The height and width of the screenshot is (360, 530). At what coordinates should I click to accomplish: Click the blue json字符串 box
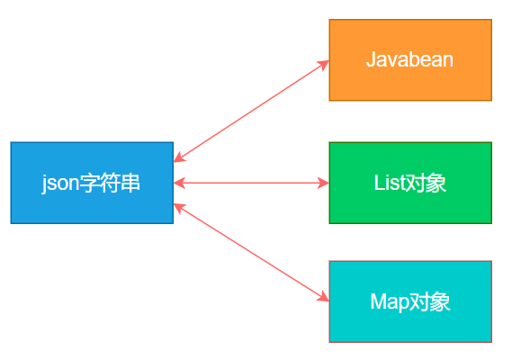coord(92,183)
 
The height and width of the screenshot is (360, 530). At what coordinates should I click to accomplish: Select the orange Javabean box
coord(410,59)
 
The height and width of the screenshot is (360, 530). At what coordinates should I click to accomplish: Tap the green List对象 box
coord(410,183)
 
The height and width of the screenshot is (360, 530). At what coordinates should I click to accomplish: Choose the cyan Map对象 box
coord(410,301)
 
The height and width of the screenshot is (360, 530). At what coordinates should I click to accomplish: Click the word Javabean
coord(410,60)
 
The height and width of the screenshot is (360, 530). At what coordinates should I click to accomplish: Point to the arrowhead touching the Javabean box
coord(324,64)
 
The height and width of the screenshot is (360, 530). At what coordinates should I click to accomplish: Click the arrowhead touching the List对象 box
coord(325,183)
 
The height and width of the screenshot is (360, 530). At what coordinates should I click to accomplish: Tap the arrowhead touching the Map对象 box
coord(324,298)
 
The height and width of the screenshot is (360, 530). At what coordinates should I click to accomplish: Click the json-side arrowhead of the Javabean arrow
coord(178,158)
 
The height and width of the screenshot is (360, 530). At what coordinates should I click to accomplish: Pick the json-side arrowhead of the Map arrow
coord(178,206)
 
